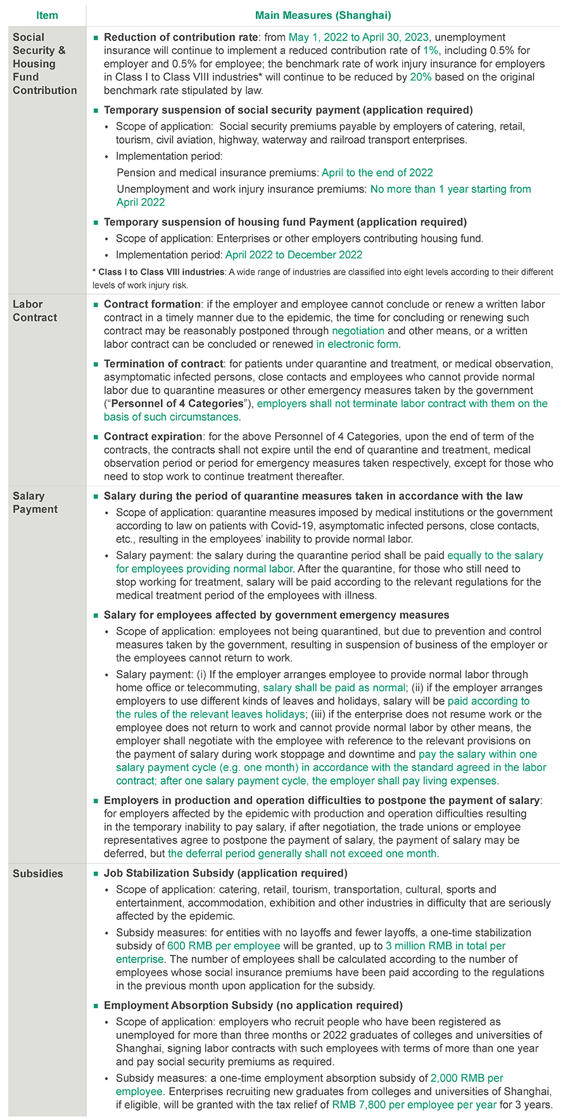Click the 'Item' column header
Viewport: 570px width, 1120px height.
[47, 15]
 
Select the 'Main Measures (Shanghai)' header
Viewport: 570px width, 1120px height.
[323, 15]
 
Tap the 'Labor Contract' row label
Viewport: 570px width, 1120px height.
[35, 311]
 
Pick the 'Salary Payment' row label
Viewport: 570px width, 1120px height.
[35, 502]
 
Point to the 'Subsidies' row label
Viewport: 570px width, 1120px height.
[38, 873]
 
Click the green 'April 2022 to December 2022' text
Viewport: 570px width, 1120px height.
[294, 254]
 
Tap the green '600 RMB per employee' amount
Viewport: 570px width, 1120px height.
[224, 945]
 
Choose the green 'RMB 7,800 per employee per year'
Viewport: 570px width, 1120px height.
[414, 1105]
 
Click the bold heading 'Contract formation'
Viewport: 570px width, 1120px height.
[152, 304]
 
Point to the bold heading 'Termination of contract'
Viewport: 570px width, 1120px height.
[163, 363]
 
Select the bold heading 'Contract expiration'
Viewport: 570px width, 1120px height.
[153, 436]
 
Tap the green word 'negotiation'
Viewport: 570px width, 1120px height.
[358, 330]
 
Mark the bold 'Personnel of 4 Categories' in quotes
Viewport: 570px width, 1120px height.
[177, 403]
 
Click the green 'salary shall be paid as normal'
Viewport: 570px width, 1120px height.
[334, 687]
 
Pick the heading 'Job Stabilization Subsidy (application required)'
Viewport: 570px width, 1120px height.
[225, 873]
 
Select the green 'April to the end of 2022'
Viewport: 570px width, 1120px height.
[377, 172]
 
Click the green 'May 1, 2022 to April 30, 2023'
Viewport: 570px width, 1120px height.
[358, 37]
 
